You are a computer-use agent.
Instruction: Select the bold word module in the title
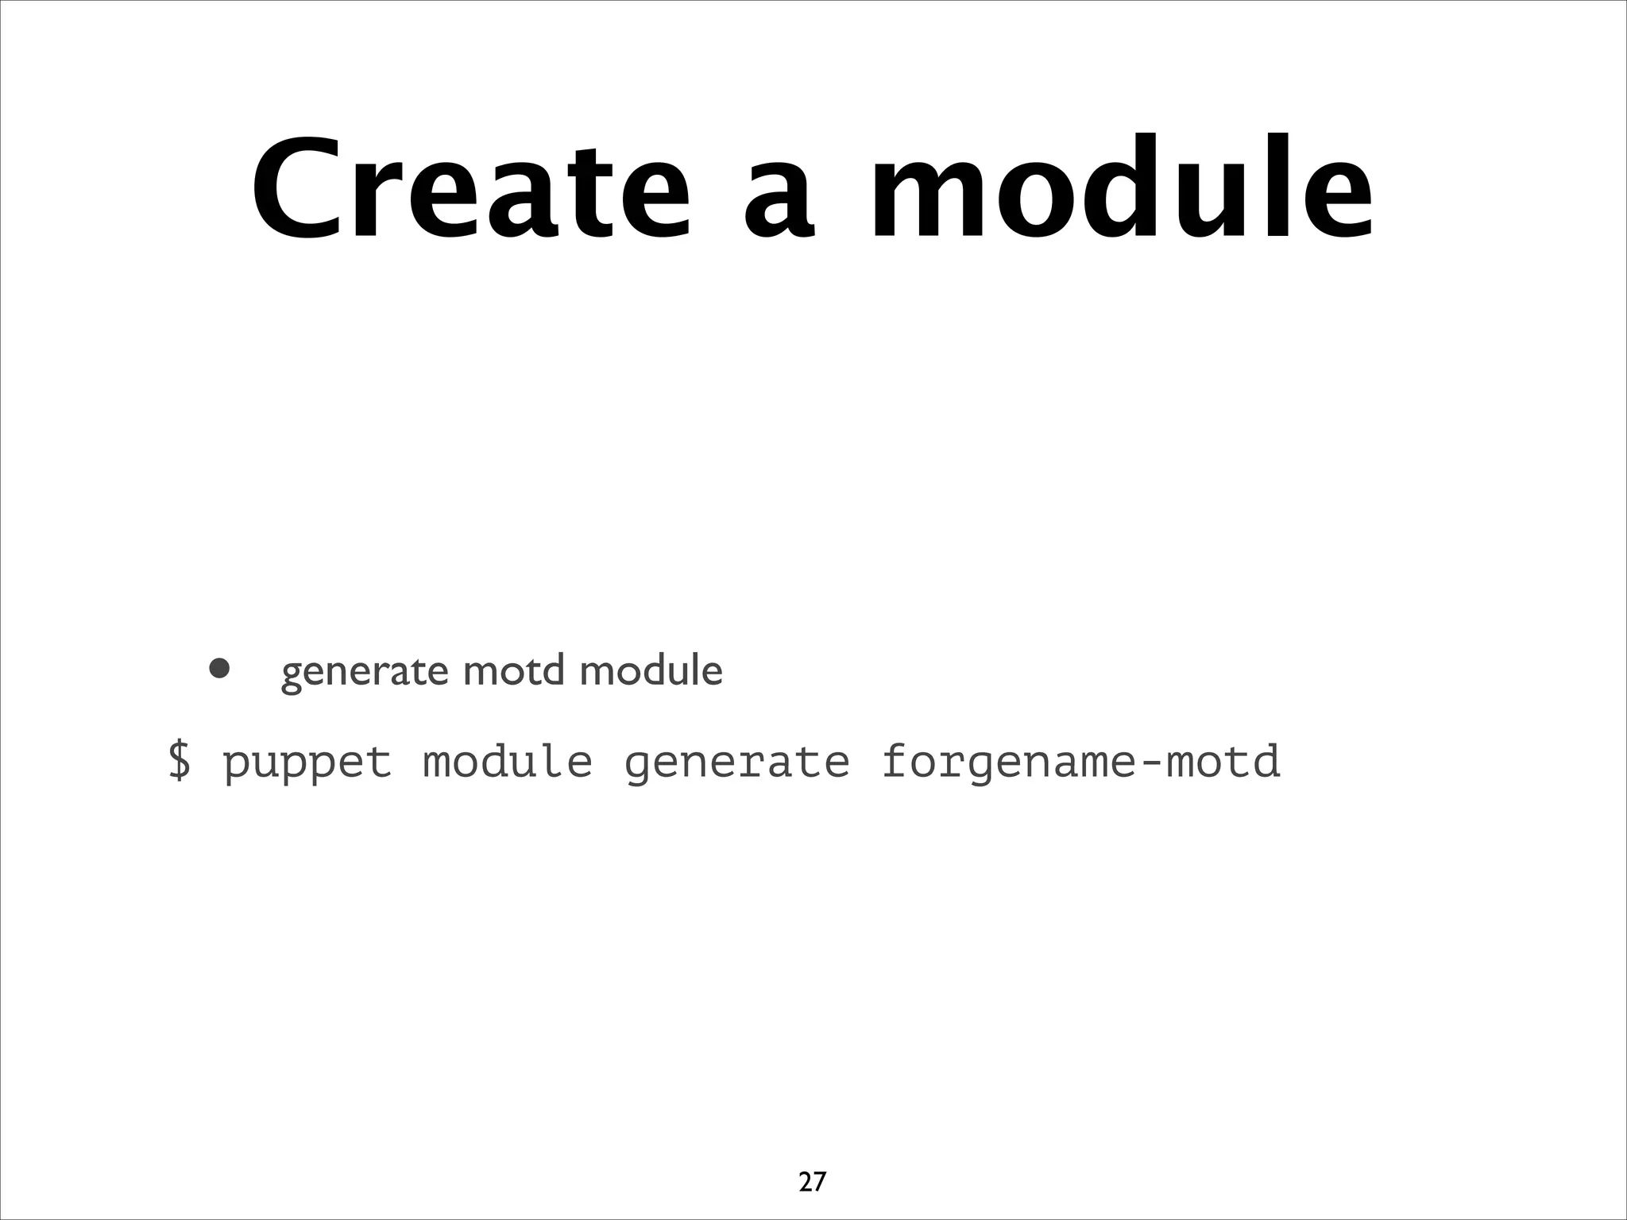tap(1121, 187)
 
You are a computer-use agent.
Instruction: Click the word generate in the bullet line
tap(365, 672)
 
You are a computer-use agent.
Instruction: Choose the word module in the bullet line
tap(651, 670)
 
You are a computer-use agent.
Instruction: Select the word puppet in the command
tap(307, 762)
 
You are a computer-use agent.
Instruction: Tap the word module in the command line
tap(508, 760)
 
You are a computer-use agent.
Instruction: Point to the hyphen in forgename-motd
tap(1151, 762)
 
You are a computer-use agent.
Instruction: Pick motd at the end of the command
tap(1223, 760)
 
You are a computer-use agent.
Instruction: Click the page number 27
tap(812, 1181)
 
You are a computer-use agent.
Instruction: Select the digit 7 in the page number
tap(819, 1181)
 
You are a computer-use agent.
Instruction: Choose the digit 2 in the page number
tap(805, 1181)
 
